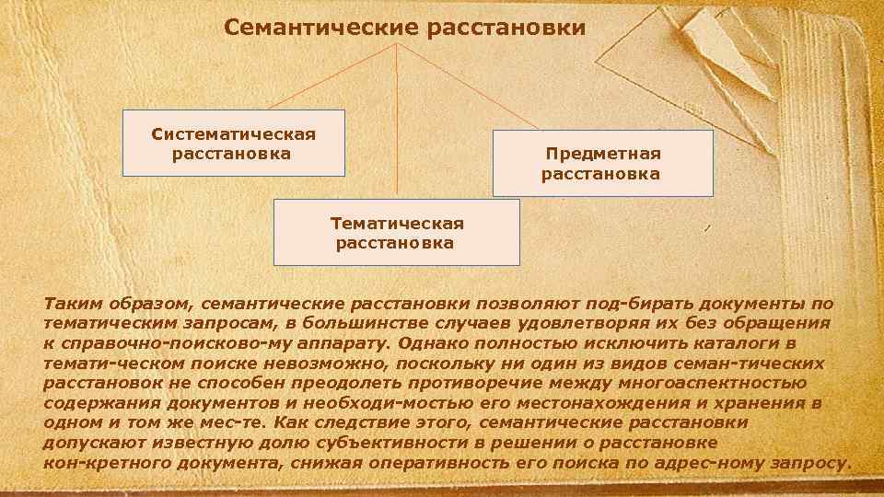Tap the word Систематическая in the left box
(233, 134)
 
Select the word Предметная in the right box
(603, 154)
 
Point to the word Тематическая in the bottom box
(397, 223)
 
